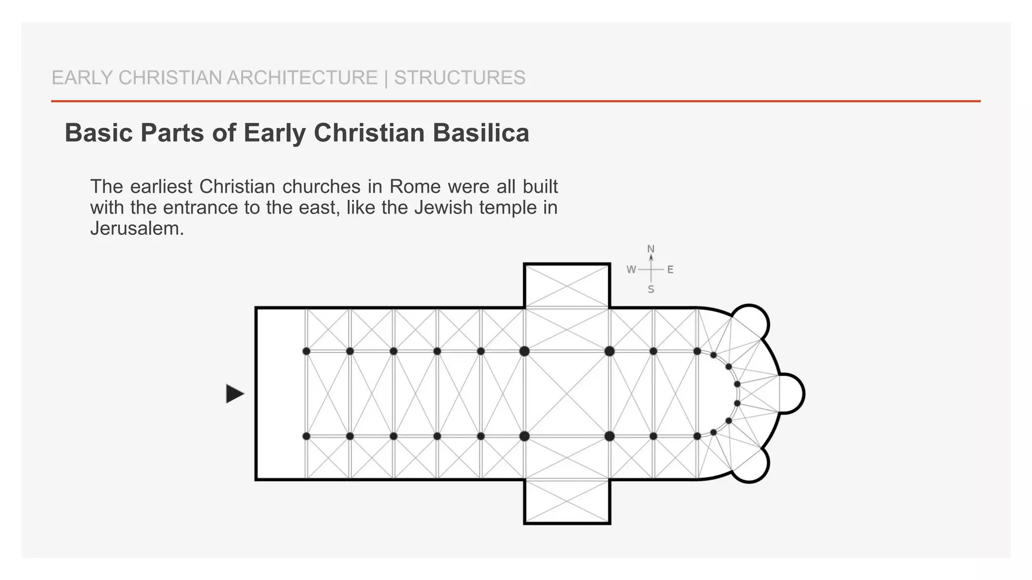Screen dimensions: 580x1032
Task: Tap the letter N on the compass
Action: click(x=651, y=249)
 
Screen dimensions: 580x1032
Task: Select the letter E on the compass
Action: click(x=670, y=270)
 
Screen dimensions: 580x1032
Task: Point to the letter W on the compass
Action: click(x=631, y=270)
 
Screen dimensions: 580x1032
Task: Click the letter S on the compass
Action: click(x=651, y=290)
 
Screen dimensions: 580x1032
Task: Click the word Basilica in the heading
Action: click(x=481, y=133)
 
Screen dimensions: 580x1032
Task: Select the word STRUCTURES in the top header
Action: click(x=460, y=78)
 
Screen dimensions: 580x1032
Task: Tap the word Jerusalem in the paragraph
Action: click(x=137, y=229)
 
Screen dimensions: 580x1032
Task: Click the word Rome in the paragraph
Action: click(x=413, y=187)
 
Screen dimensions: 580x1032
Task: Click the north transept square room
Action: click(x=567, y=285)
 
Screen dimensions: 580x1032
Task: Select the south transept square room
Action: click(x=567, y=501)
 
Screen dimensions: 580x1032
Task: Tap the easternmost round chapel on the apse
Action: click(x=791, y=394)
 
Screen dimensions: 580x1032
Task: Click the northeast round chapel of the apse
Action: click(x=750, y=323)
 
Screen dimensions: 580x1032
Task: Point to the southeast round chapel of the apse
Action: click(x=750, y=464)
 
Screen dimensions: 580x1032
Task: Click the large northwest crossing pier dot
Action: click(x=525, y=351)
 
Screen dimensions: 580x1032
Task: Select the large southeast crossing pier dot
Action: click(x=610, y=436)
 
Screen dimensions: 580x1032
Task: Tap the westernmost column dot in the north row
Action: click(x=306, y=351)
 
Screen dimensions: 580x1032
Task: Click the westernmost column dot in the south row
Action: click(x=306, y=436)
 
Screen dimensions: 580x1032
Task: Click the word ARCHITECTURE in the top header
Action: click(x=302, y=78)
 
